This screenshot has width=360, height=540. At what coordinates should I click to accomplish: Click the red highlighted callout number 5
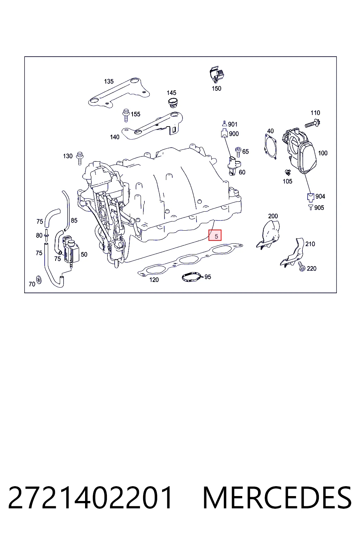pyautogui.click(x=215, y=235)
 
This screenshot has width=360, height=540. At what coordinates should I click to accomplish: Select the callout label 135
pyautogui.click(x=109, y=82)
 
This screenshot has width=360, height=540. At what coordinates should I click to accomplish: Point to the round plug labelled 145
pyautogui.click(x=173, y=103)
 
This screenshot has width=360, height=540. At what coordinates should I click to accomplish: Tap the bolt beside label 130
pyautogui.click(x=80, y=158)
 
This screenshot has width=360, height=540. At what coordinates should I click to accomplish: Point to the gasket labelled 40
pyautogui.click(x=271, y=147)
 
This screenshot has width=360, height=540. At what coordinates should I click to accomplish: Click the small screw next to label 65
pyautogui.click(x=238, y=151)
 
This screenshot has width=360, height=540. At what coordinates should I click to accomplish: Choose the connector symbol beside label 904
pyautogui.click(x=311, y=197)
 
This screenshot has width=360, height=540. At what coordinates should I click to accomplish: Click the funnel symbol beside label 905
pyautogui.click(x=310, y=207)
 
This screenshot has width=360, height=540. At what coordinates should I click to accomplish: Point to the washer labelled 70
pyautogui.click(x=39, y=279)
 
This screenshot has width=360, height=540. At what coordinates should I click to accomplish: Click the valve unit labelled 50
pyautogui.click(x=71, y=251)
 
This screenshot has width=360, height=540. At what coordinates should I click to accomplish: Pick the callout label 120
pyautogui.click(x=154, y=279)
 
